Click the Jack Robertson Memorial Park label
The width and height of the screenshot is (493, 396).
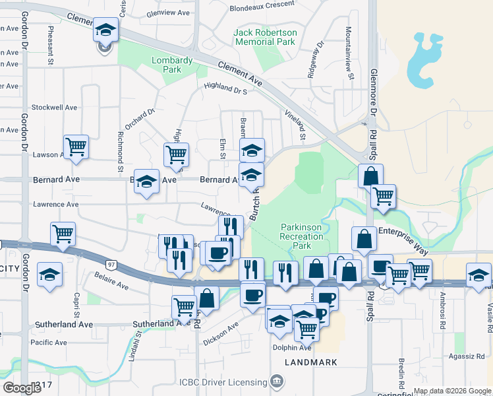[x=266, y=37]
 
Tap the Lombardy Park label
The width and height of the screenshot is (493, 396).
[x=172, y=65]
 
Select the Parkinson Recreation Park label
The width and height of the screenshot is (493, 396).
[x=301, y=236]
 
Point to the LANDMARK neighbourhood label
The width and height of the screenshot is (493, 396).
[x=311, y=362]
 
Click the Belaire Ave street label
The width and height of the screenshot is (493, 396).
[x=111, y=282]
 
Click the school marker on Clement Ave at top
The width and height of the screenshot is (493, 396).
[x=105, y=30]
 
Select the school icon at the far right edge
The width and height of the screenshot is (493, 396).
[x=478, y=274]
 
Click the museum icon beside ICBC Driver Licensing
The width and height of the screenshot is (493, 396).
[x=277, y=381]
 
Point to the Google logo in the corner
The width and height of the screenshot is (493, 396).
[x=22, y=388]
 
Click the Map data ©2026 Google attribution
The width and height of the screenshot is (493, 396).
[x=451, y=391]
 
